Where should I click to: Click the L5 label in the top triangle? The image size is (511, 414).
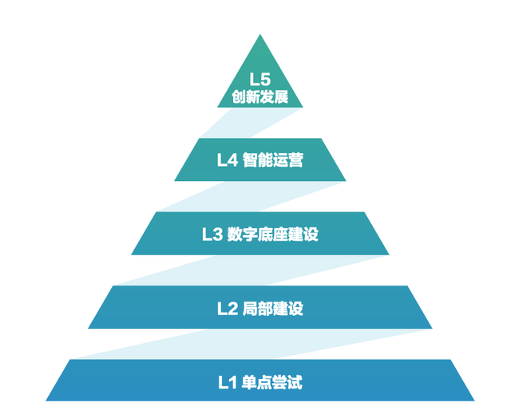pyautogui.click(x=260, y=80)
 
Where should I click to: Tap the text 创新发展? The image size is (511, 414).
pyautogui.click(x=260, y=98)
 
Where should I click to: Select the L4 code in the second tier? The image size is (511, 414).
pyautogui.click(x=227, y=160)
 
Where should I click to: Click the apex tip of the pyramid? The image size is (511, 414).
pyautogui.click(x=260, y=36)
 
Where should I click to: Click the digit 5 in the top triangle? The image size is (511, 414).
pyautogui.click(x=266, y=80)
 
